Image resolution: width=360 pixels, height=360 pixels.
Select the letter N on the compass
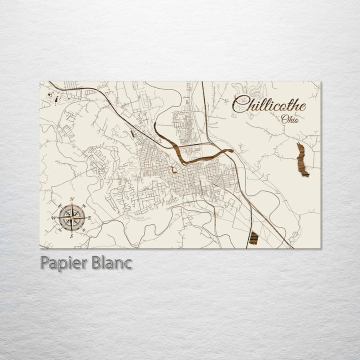(x=72, y=199)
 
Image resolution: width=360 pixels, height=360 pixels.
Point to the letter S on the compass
(x=71, y=236)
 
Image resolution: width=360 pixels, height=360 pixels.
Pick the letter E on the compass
(x=90, y=217)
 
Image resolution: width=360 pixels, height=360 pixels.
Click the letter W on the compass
(x=53, y=218)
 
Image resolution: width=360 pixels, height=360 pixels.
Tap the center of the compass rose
(x=71, y=217)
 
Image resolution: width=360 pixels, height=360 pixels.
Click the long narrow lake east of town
(x=302, y=159)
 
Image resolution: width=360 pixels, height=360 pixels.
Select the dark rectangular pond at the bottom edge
(x=253, y=238)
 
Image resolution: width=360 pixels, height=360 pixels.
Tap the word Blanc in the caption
(x=110, y=262)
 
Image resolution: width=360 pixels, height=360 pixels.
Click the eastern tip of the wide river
(x=231, y=150)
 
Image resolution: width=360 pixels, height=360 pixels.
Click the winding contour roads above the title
(x=255, y=90)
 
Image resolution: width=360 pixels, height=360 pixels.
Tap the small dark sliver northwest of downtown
(x=132, y=134)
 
